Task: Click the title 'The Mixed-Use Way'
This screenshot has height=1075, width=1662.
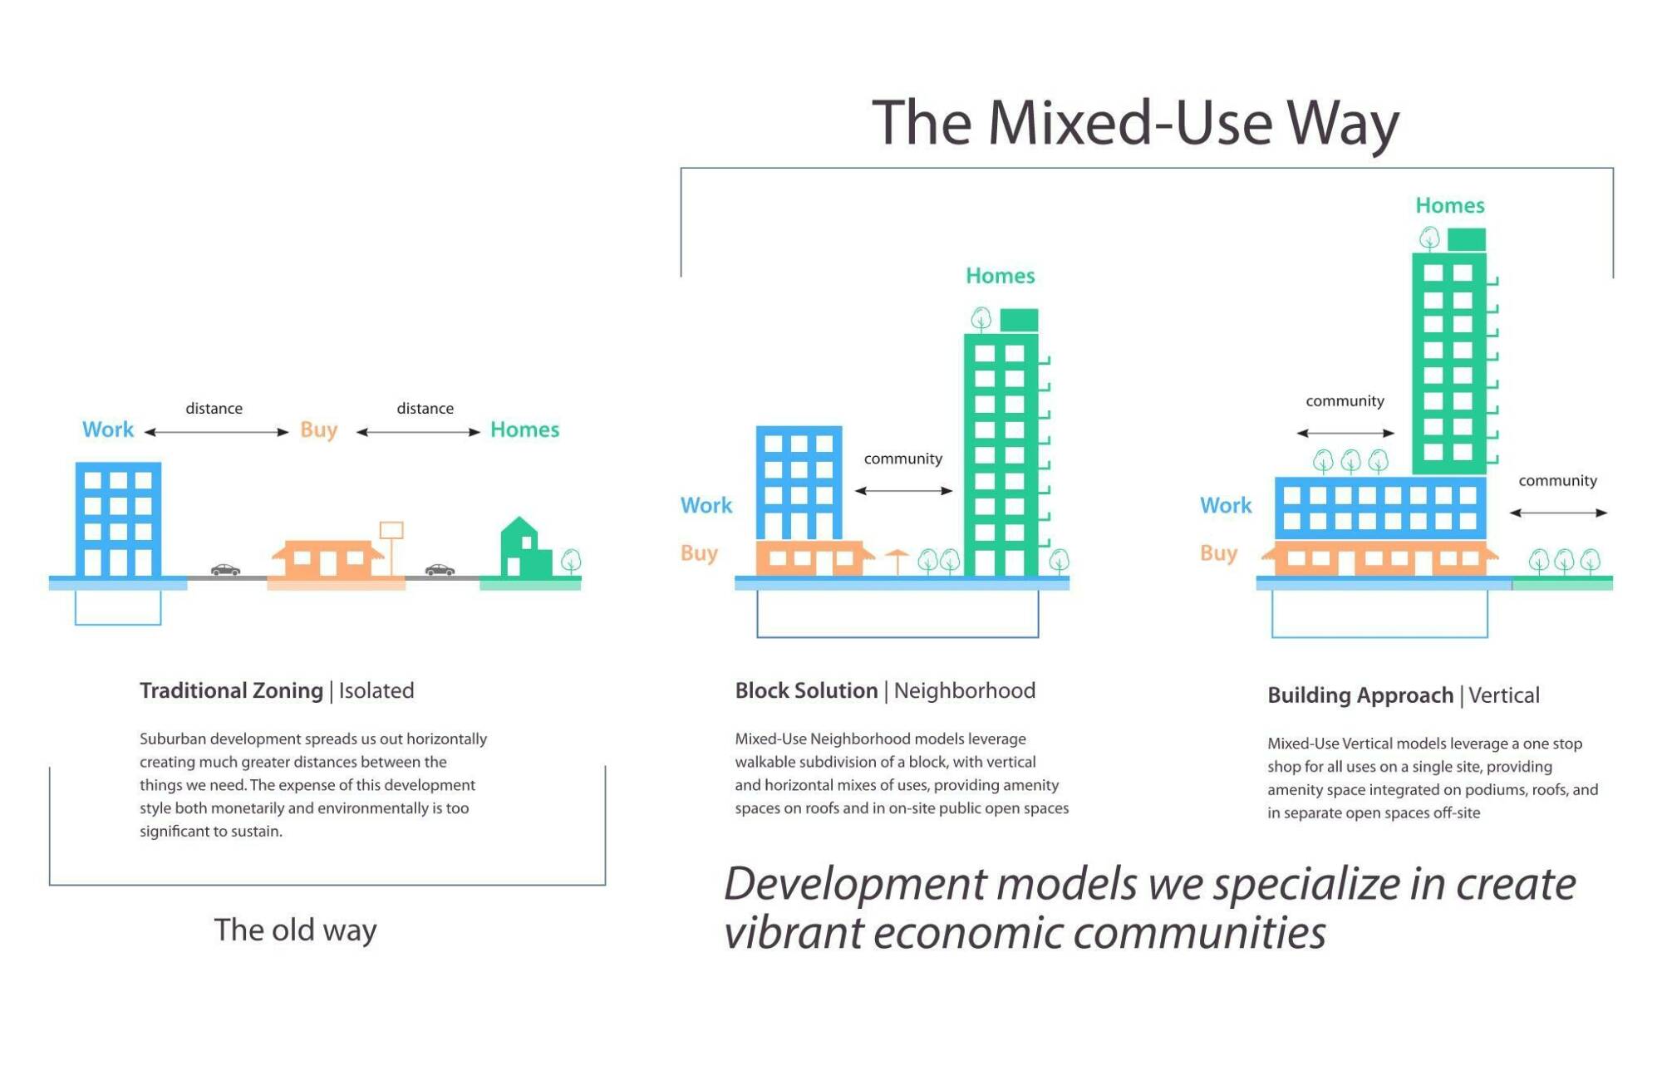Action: click(1135, 123)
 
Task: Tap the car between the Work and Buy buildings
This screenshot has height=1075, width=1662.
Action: click(225, 570)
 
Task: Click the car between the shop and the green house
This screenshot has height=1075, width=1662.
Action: click(440, 570)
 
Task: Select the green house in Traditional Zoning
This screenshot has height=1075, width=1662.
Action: click(524, 550)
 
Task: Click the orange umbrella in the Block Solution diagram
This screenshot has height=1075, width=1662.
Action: click(897, 558)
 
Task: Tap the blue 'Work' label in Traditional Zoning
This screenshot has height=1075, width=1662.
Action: click(108, 430)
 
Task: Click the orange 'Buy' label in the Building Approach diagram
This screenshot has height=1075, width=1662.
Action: click(1218, 553)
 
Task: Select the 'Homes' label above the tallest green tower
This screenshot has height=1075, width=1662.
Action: click(1449, 205)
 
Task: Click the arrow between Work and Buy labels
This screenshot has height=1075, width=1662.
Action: click(216, 432)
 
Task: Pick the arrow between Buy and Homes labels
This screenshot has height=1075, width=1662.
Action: click(418, 432)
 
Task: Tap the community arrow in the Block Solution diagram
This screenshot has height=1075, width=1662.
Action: click(903, 491)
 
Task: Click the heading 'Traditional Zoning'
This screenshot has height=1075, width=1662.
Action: click(231, 690)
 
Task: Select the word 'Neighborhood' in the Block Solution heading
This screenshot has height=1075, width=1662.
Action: click(964, 690)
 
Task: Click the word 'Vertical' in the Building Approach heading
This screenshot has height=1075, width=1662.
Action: click(1503, 695)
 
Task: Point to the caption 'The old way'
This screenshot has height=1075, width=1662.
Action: click(295, 930)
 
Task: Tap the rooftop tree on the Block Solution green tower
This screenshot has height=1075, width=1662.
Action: click(981, 319)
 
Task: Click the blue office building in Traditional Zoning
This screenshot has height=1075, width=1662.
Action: click(118, 519)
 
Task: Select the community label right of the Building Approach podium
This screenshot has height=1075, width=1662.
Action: click(1557, 481)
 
